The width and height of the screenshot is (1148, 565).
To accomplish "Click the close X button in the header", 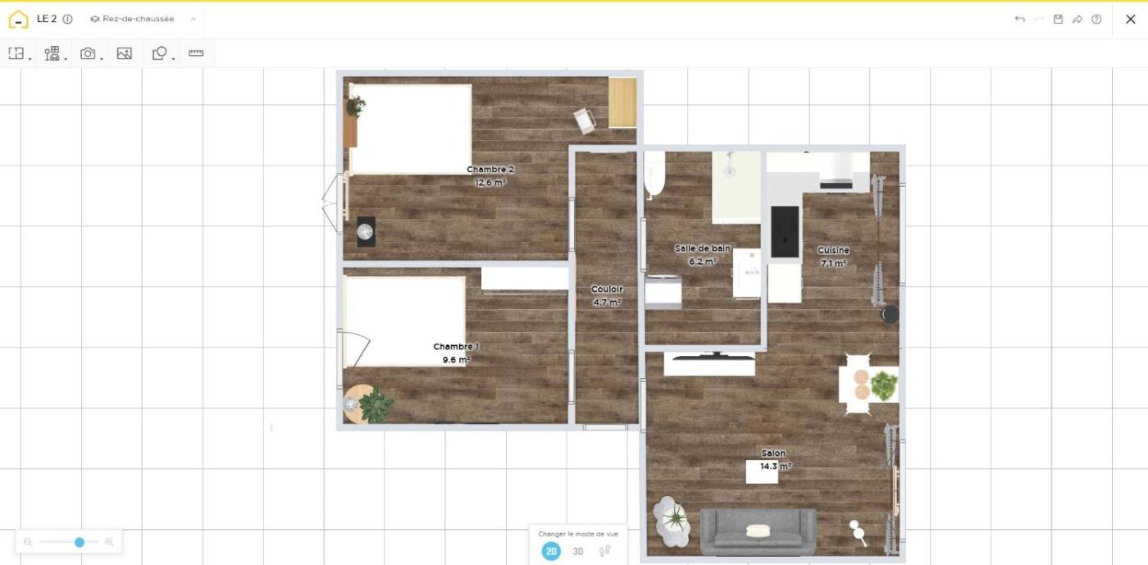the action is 1130,19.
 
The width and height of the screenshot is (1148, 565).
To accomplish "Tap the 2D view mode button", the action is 551,551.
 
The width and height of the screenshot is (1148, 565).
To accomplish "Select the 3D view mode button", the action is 577,551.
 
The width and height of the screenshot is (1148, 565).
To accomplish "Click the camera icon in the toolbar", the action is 88,53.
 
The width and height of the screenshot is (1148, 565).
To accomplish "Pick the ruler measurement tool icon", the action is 196,52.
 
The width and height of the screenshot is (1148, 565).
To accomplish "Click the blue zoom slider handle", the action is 80,542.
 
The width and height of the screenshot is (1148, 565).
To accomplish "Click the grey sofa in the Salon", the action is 758,531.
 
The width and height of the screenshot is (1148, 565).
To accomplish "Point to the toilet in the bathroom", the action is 654,175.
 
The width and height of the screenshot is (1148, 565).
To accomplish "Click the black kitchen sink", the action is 785,232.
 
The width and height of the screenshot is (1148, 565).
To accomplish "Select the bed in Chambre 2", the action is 411,130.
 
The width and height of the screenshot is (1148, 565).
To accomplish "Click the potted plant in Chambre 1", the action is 376,405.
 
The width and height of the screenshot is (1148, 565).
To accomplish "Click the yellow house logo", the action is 18,19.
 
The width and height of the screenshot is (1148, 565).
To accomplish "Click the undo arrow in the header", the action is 1020,19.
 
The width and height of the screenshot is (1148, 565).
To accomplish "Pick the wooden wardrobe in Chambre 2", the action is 622,103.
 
